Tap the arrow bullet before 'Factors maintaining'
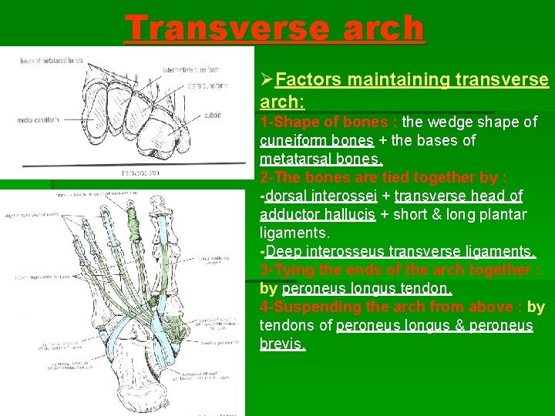click(x=267, y=80)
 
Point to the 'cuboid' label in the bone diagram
click(x=213, y=116)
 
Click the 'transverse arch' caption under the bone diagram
click(x=142, y=173)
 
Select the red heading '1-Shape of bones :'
click(x=329, y=122)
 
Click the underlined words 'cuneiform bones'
click(x=316, y=140)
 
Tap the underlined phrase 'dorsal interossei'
click(x=316, y=196)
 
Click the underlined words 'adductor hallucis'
click(x=318, y=214)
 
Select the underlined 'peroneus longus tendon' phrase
click(x=367, y=288)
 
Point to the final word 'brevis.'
click(x=283, y=344)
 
